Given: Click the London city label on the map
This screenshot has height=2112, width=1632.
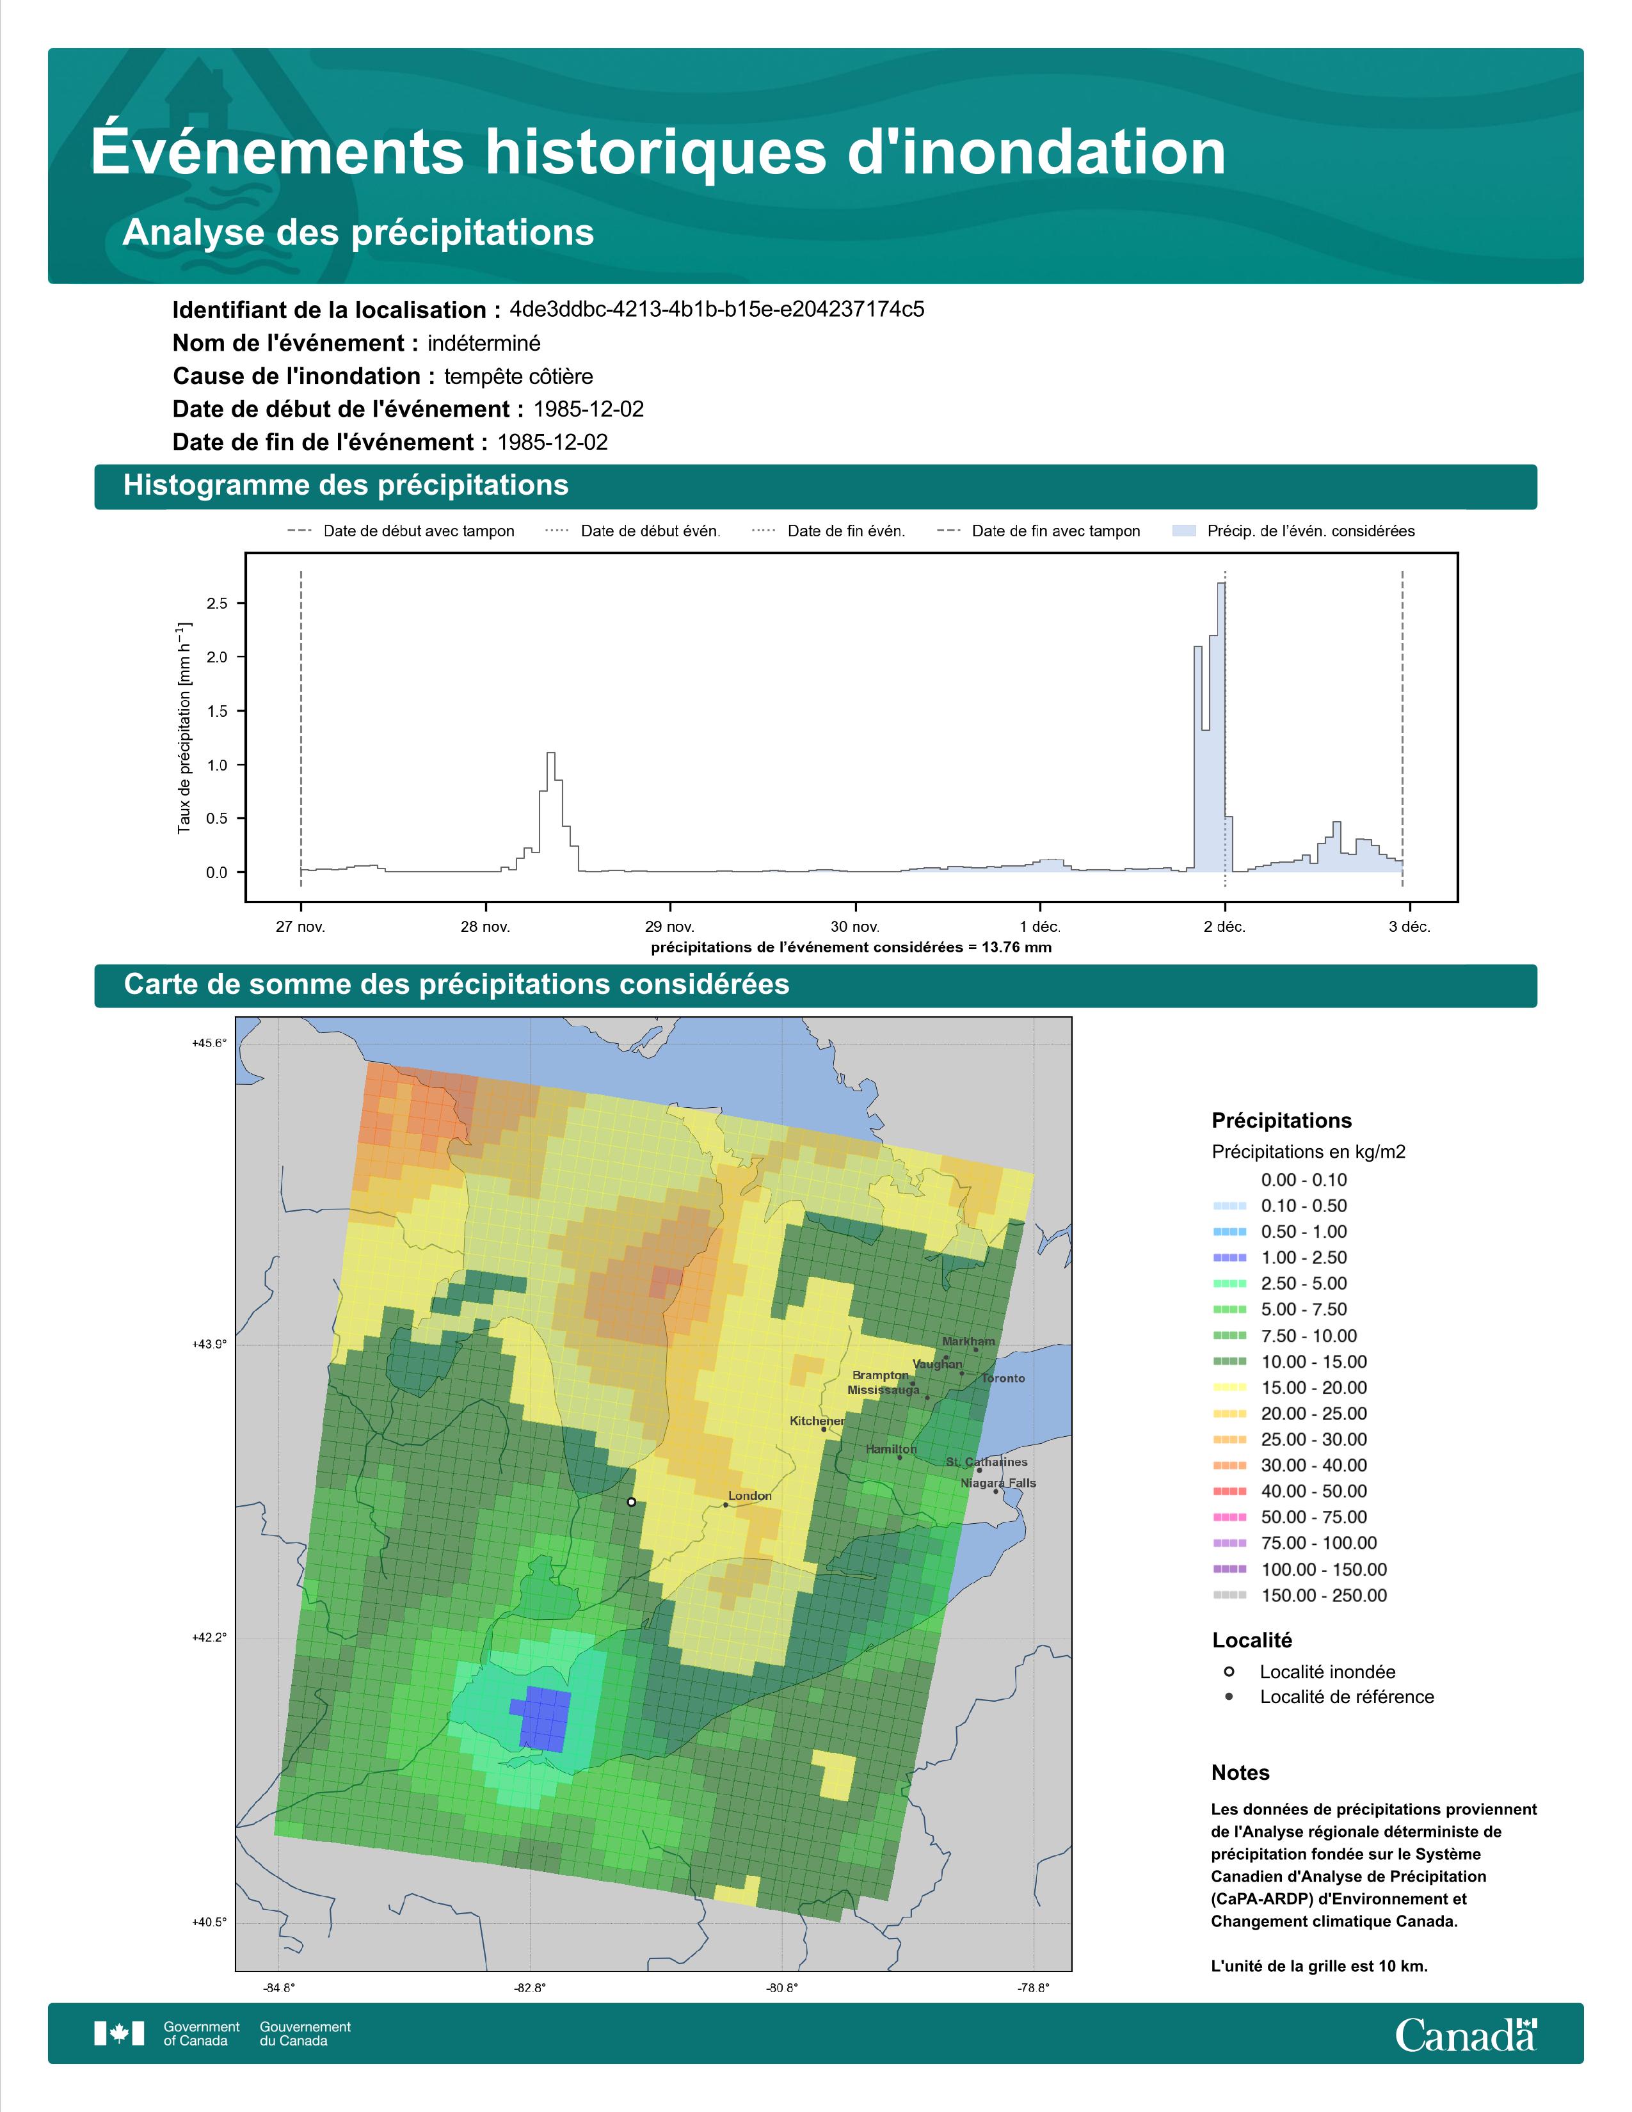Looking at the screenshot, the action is click(749, 1496).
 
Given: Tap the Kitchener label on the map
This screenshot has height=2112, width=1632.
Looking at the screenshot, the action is click(817, 1421).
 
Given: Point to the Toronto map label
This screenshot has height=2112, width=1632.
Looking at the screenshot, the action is click(1004, 1378).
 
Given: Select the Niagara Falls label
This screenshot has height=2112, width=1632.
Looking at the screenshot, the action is click(998, 1482).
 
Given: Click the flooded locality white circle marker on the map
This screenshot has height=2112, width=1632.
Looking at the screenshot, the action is click(631, 1502).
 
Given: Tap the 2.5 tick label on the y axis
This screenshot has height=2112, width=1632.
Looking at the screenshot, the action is click(218, 604).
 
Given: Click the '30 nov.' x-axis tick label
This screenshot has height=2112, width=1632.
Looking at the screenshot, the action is click(854, 927).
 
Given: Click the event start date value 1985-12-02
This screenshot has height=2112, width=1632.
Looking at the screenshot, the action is click(589, 409).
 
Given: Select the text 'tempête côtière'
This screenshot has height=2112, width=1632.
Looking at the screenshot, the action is click(518, 376).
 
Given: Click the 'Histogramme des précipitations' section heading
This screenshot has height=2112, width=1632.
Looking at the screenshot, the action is click(346, 486).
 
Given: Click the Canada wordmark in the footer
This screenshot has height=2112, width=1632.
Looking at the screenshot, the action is click(1466, 2035).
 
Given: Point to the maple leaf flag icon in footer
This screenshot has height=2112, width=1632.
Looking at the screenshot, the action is click(119, 2034).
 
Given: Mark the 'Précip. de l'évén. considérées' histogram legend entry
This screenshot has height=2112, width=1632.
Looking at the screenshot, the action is click(1293, 531).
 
